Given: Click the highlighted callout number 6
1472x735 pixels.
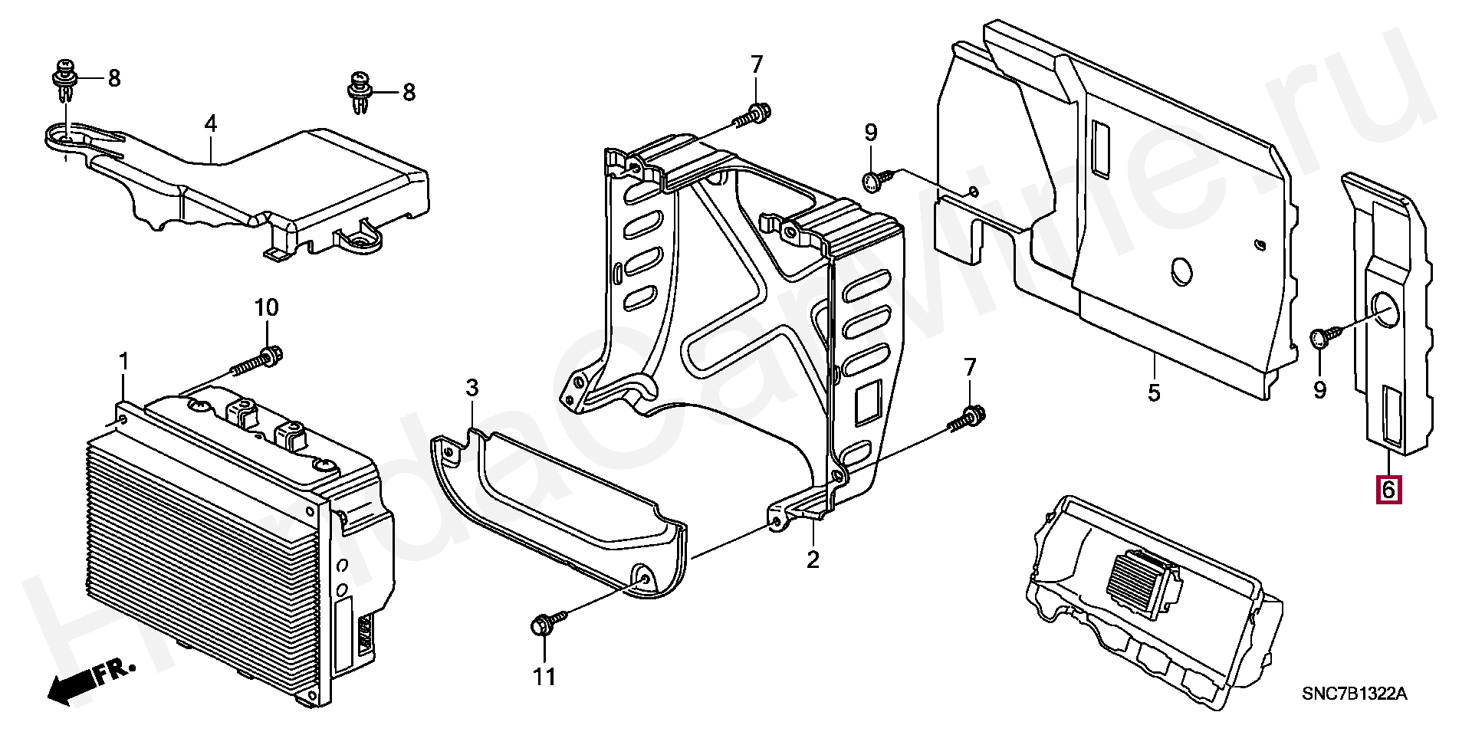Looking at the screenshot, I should pyautogui.click(x=1388, y=489).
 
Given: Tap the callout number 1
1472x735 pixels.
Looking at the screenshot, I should pyautogui.click(x=123, y=362).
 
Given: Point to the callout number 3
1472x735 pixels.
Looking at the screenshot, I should pyautogui.click(x=210, y=124).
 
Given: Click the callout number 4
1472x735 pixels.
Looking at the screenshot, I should pyautogui.click(x=1154, y=393).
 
